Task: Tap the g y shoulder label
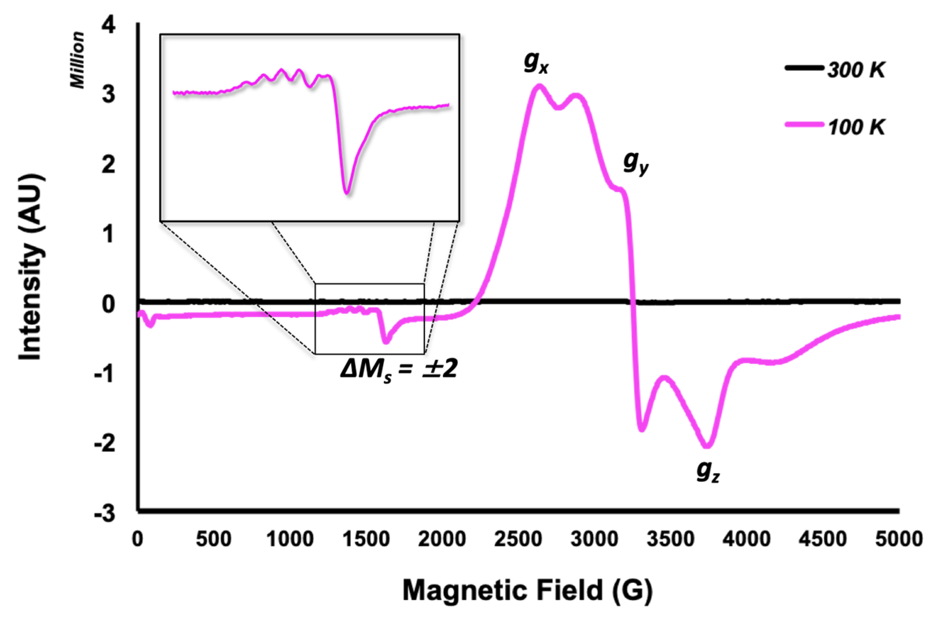(635, 163)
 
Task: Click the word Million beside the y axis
(78, 60)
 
